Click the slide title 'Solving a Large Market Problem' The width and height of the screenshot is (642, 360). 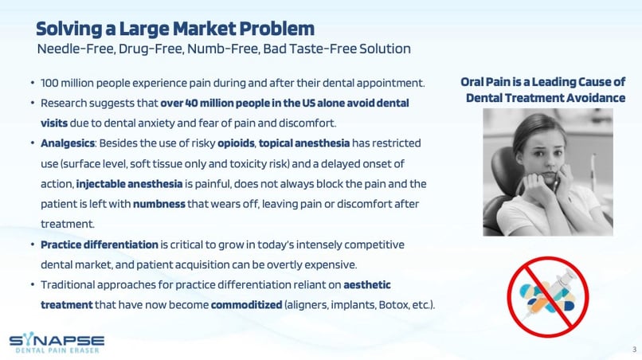[175, 29]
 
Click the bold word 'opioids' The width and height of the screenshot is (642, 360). [236, 143]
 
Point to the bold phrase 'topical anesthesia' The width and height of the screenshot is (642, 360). [304, 143]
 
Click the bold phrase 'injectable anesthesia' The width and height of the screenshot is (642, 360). [129, 184]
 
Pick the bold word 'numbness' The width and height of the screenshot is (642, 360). [159, 204]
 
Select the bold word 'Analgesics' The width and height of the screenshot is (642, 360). [68, 143]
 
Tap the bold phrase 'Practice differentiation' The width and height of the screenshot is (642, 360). [100, 245]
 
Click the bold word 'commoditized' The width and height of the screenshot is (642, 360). [246, 305]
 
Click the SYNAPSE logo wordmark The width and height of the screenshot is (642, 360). [57, 339]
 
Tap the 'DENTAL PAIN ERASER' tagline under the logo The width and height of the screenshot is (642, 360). [57, 350]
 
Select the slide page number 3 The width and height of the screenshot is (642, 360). [634, 350]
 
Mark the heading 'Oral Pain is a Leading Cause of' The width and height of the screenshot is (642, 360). [543, 82]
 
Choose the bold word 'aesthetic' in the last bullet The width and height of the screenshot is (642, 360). [367, 284]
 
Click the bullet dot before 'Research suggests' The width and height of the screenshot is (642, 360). [33, 104]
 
